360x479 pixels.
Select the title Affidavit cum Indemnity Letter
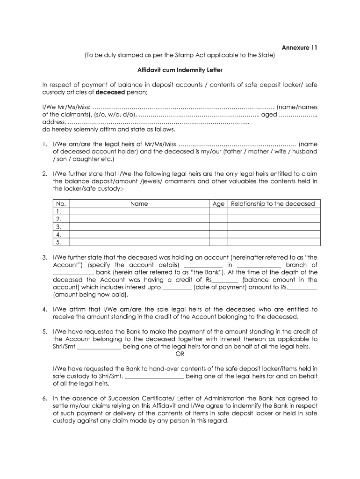click(180, 70)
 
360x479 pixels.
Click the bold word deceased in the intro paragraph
click(109, 92)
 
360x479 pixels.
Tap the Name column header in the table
click(139, 203)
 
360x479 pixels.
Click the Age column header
click(218, 203)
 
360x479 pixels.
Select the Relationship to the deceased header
click(273, 203)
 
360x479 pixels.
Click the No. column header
click(61, 203)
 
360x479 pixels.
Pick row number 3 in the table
click(59, 226)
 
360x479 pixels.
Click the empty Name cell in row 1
click(139, 211)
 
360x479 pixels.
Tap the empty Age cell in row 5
click(218, 242)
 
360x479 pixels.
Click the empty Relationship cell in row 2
click(273, 219)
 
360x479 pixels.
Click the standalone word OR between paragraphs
click(180, 354)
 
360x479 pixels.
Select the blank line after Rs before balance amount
click(226, 280)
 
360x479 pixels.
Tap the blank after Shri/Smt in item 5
click(99, 347)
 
